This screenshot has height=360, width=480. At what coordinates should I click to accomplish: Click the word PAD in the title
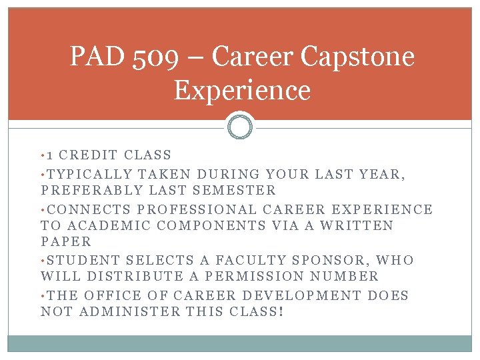click(97, 57)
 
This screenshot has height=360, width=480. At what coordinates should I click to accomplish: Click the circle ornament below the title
click(240, 126)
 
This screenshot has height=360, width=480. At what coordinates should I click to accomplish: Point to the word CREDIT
click(92, 155)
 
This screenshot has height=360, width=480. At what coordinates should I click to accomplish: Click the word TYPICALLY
click(89, 173)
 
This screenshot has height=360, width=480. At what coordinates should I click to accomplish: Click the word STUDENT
click(83, 261)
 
